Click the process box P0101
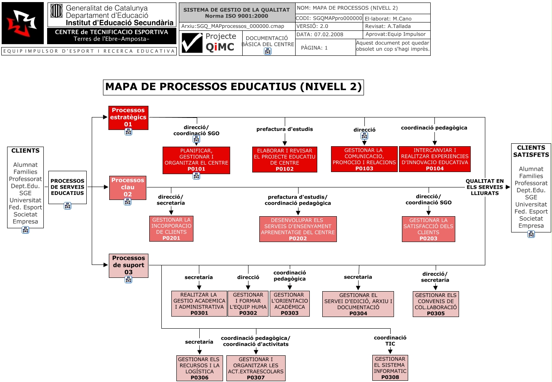[x=196, y=160]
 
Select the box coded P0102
[x=284, y=159]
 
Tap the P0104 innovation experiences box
[x=434, y=159]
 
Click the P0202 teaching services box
[x=298, y=229]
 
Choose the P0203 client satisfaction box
[x=428, y=229]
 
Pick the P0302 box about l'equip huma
[x=248, y=304]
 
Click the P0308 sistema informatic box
[x=390, y=367]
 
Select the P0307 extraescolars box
[x=256, y=368]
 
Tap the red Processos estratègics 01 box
[x=128, y=117]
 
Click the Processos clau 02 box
[x=128, y=187]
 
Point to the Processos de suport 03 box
[x=128, y=265]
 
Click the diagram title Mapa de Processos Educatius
[x=233, y=87]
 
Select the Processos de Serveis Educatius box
[x=68, y=187]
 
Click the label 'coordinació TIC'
[x=390, y=340]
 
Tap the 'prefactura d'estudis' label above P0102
[x=284, y=129]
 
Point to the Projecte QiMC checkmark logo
[x=192, y=43]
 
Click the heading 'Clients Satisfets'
[x=531, y=151]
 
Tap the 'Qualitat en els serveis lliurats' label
[x=484, y=187]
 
